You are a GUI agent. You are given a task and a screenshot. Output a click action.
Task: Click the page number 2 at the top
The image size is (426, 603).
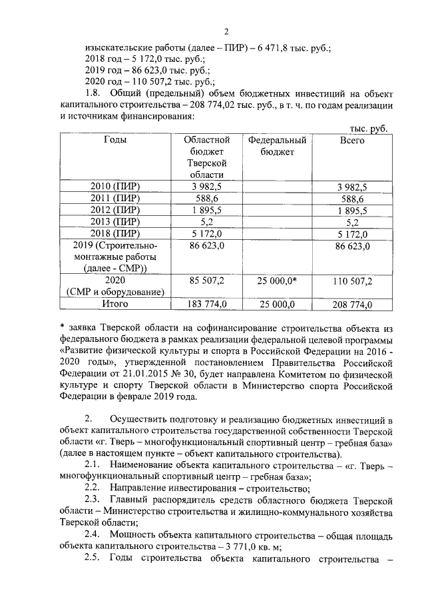tap(226, 32)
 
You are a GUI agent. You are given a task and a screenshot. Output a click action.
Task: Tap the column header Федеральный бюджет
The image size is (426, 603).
tap(276, 146)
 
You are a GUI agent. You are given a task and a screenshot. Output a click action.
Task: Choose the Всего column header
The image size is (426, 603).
tap(351, 141)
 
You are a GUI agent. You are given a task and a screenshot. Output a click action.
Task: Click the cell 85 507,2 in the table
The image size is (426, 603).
tap(207, 281)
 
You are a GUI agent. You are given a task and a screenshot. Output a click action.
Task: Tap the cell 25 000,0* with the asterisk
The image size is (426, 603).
tap(277, 281)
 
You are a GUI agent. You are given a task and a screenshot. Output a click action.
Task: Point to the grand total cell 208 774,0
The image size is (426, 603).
tap(351, 304)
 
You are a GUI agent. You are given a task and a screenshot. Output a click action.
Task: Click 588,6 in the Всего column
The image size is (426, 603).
tap(351, 198)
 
